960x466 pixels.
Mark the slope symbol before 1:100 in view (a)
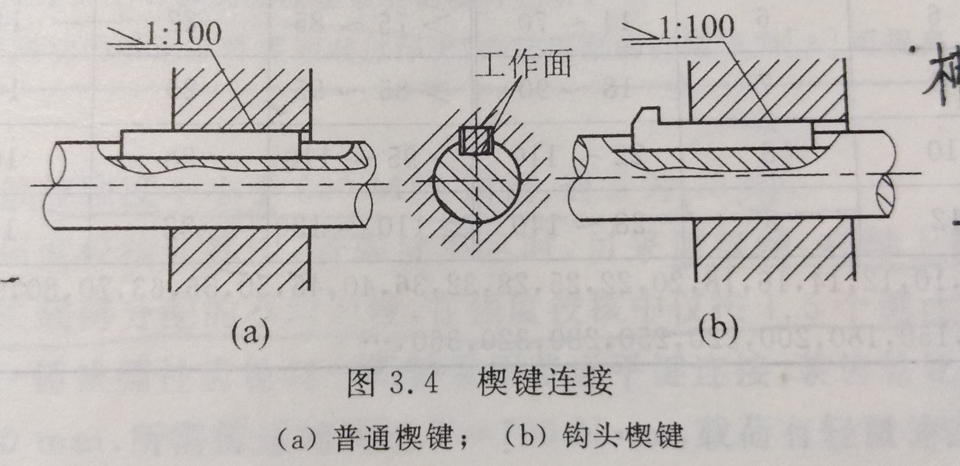pos(130,38)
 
